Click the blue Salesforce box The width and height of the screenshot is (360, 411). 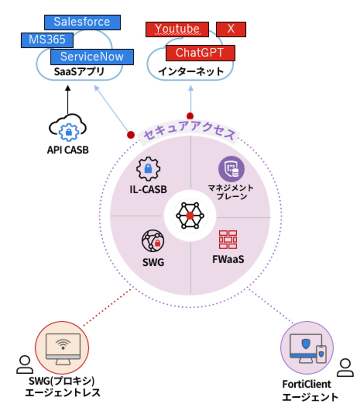pos(82,22)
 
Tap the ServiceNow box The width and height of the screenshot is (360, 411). pos(92,57)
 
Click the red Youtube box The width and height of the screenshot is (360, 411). pos(177,29)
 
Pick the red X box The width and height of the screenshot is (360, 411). pos(231,29)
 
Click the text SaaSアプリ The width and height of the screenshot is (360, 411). pos(79,72)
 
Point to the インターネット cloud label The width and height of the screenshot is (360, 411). pos(190,72)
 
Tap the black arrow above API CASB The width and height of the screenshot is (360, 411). pos(67,100)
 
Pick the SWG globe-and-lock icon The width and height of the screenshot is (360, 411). pos(153,241)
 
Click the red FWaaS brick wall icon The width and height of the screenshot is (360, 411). pos(228,240)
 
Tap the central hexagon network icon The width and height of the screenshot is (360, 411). pos(190,216)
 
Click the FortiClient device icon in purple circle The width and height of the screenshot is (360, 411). pos(306,348)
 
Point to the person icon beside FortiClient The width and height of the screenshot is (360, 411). pos(345,367)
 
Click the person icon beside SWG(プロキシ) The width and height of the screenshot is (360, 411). pos(24,364)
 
